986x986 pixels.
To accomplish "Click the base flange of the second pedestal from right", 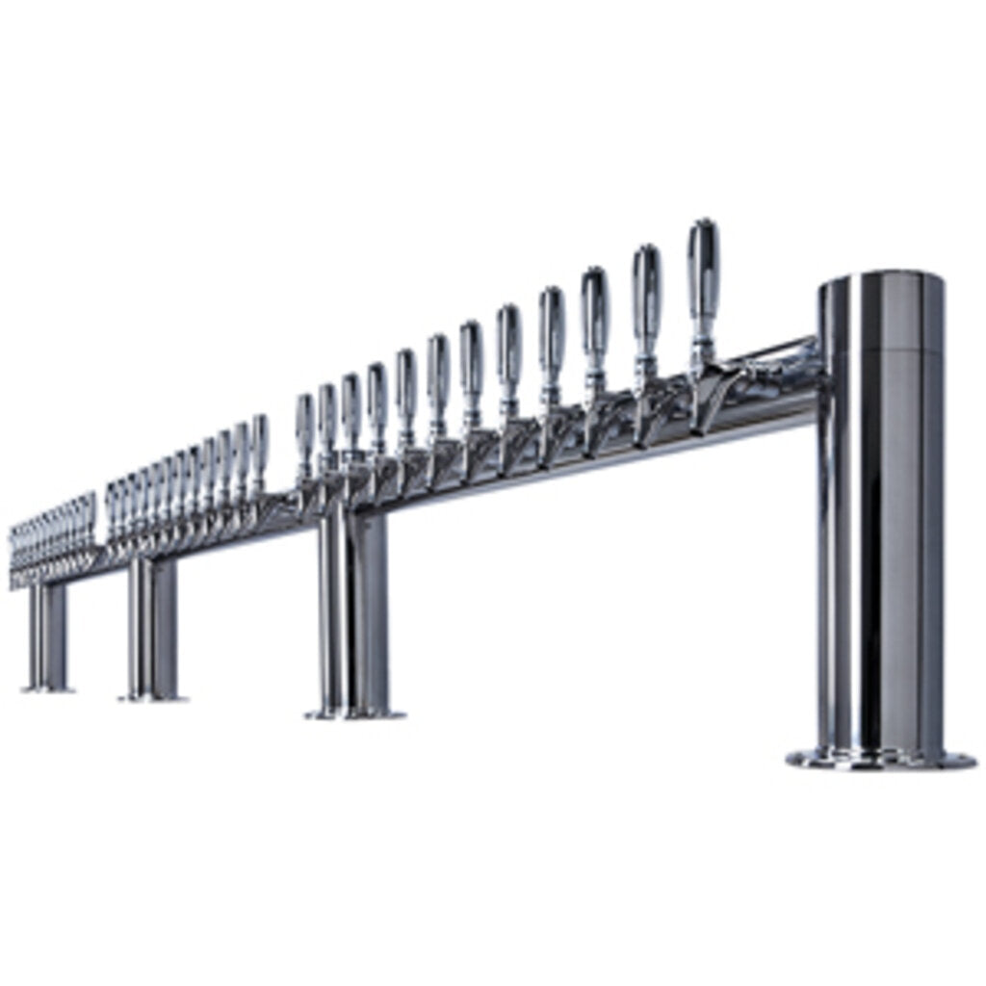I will (x=354, y=714).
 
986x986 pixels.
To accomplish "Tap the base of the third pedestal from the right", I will (x=152, y=695).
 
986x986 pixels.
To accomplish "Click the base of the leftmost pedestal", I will (x=47, y=688).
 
